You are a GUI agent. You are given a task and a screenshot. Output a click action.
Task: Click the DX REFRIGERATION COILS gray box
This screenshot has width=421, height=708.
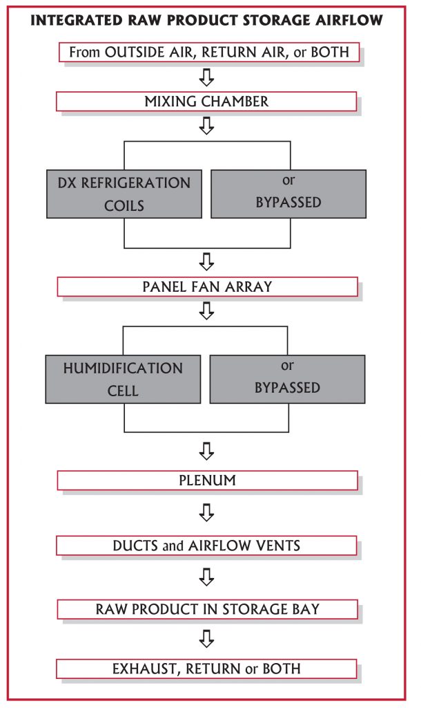click(124, 194)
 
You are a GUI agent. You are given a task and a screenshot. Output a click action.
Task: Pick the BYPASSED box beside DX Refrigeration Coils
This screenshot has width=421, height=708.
click(288, 194)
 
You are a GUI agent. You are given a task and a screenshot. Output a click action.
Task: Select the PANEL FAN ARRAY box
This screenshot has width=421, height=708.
click(207, 286)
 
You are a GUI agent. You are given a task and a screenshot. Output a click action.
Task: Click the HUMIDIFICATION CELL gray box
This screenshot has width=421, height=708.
click(123, 379)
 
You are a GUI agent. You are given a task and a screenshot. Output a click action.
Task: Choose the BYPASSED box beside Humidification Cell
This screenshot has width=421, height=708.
click(287, 379)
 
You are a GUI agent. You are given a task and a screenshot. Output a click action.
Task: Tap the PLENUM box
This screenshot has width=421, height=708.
click(207, 480)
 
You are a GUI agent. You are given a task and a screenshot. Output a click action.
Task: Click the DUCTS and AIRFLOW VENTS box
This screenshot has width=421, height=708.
click(207, 546)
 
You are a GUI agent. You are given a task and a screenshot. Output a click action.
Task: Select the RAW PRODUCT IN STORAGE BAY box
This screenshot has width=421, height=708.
click(207, 609)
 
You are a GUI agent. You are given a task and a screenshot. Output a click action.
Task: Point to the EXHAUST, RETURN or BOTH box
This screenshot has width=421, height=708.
click(207, 669)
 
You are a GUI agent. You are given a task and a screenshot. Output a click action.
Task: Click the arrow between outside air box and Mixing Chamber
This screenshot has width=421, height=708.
click(206, 77)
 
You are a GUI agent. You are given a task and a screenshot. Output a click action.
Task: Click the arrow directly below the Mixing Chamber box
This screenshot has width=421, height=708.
click(206, 126)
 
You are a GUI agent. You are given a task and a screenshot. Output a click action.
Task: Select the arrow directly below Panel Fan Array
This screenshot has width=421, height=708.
click(206, 311)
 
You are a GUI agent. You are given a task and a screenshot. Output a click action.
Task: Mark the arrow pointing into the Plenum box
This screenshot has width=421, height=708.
click(206, 452)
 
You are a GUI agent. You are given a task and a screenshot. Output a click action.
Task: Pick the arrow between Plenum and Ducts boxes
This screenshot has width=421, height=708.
click(206, 513)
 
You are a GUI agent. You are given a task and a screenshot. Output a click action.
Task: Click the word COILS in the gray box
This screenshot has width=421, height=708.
click(124, 206)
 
